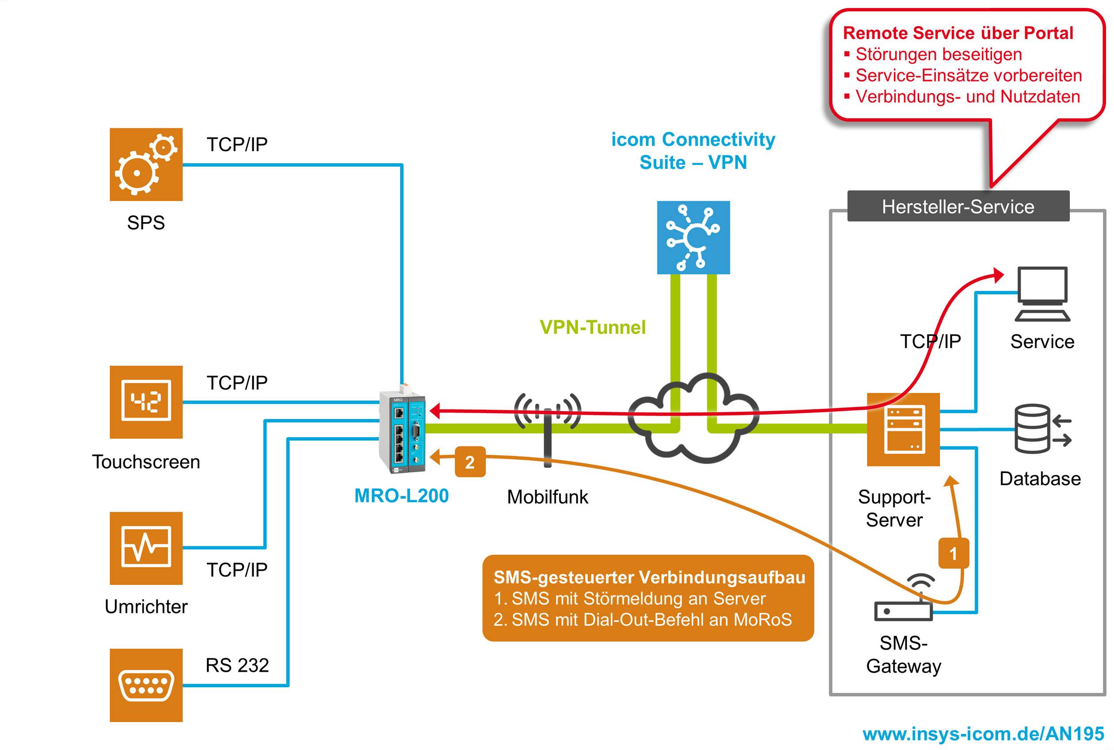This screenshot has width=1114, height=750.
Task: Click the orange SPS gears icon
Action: [x=146, y=164]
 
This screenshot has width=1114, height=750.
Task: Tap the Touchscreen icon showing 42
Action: [x=146, y=402]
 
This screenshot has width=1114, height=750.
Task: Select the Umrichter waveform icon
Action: [x=146, y=548]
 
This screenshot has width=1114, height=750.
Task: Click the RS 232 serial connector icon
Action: [x=146, y=685]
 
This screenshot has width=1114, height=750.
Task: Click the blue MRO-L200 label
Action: [x=401, y=496]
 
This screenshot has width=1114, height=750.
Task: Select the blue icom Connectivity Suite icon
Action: [x=693, y=237]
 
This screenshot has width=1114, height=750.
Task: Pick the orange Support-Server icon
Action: [x=903, y=429]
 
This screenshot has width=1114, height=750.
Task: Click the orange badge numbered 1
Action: [x=953, y=554]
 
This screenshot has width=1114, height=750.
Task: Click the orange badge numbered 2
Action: [x=470, y=462]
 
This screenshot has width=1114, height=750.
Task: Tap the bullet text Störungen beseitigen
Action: [x=938, y=54]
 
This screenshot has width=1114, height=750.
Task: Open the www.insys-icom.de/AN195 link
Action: [x=983, y=733]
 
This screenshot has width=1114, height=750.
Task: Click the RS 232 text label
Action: [x=237, y=665]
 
